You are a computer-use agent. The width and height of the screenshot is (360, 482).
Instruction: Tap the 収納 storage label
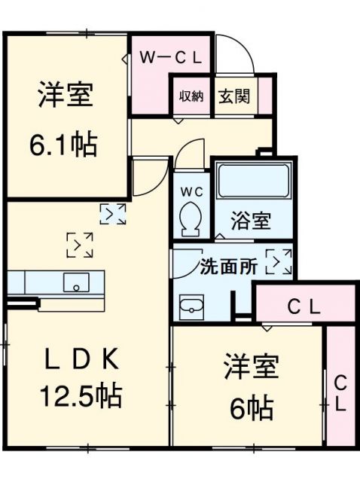pyautogui.click(x=191, y=96)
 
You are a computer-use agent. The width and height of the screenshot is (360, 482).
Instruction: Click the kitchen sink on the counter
pyautogui.click(x=76, y=282)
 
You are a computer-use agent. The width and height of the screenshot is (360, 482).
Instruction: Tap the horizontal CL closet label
pyautogui.click(x=304, y=307)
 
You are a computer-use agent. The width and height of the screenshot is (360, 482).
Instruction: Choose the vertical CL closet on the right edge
pyautogui.click(x=340, y=392)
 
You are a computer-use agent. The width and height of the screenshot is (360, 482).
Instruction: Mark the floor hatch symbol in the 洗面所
pyautogui.click(x=279, y=261)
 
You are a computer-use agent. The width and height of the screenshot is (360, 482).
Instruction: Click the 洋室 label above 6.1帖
pyautogui.click(x=66, y=96)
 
